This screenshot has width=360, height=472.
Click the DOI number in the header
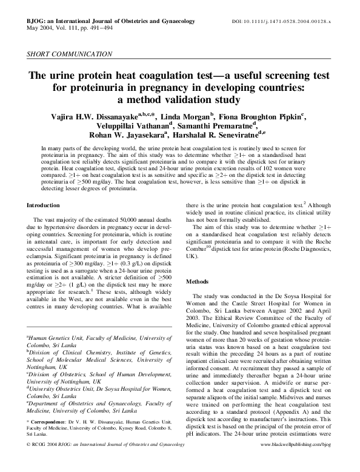tap(287, 21)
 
